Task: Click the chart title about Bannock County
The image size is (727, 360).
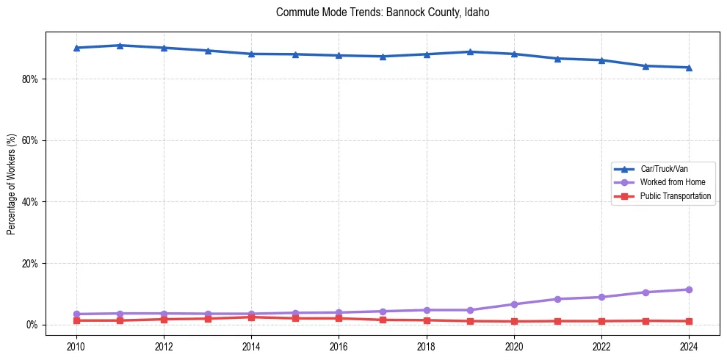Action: pos(383,12)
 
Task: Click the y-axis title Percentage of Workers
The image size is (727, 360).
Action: pos(11,184)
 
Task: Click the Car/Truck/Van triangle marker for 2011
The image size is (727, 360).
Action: pos(120,46)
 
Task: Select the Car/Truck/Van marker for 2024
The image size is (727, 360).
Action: pos(689,68)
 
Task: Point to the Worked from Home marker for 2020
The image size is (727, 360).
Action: pos(514,304)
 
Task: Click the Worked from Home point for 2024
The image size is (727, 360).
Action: pos(689,289)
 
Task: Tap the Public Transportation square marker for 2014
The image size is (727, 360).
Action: pos(251,317)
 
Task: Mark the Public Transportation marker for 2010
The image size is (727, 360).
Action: pos(76,320)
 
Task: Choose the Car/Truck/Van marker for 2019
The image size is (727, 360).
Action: pos(470,51)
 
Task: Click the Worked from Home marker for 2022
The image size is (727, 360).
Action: pos(601,297)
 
